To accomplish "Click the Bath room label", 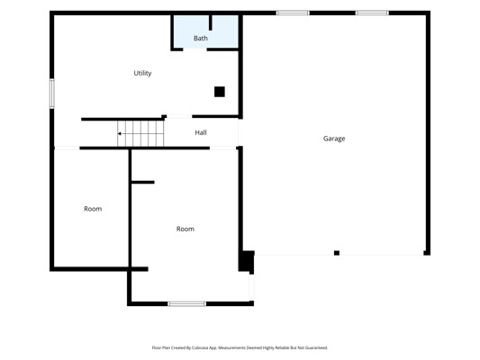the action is pos(201,38).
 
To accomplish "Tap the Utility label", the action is pos(142,73).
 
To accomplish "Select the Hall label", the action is pos(201,132).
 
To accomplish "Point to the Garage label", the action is pos(334,139).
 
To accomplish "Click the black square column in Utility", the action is pos(220,92).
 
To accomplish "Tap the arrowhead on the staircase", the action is pos(120,134).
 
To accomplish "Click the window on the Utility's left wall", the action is pos(52,94).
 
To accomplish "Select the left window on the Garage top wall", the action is pos(293,13).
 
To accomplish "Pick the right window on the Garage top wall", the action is pos(372,13).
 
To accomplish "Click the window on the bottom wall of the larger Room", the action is pos(186,303).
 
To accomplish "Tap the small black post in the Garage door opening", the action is pos(337,253).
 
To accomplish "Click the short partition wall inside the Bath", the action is pos(211,22).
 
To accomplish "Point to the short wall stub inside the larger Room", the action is pos(142,183).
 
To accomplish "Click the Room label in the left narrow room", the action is pos(93,209).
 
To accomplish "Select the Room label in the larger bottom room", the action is pos(186,229).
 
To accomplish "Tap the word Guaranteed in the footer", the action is pos(318,347).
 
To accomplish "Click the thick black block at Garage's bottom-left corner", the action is pos(247,261).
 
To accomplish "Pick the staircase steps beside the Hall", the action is pos(140,134).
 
